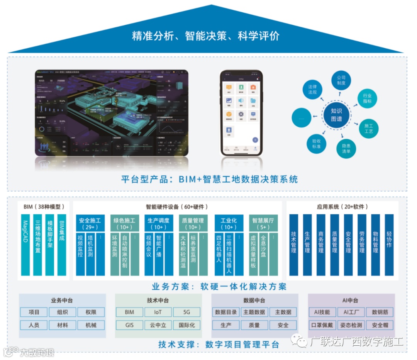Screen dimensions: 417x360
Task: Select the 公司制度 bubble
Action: point(341,80)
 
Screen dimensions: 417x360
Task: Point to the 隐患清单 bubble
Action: point(346,149)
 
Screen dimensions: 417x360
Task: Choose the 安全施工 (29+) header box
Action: point(90,223)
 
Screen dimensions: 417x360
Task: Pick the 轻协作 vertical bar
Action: point(389,245)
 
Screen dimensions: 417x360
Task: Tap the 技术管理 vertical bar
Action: point(293,245)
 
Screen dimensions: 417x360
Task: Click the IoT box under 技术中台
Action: point(158,312)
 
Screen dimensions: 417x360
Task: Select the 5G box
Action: point(186,312)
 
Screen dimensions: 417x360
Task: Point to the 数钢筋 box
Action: point(380,312)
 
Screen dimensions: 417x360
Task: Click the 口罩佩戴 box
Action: point(322,325)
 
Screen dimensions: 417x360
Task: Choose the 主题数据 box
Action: point(254,312)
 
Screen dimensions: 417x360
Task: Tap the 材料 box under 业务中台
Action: point(62,325)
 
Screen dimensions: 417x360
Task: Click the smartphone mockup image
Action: point(241,112)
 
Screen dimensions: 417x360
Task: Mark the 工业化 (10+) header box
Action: point(229,223)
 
